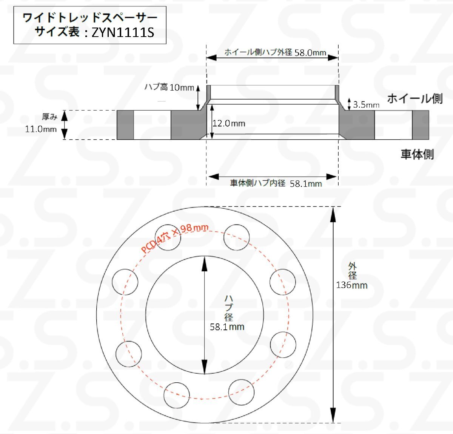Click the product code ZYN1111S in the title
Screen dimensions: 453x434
pos(123,32)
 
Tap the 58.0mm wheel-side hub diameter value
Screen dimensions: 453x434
pos(310,53)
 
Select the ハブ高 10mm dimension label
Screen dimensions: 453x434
pos(169,87)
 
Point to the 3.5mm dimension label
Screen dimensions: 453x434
pos(366,105)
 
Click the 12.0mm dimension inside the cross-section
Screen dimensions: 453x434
pos(229,123)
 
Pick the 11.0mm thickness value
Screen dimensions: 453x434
pos(41,129)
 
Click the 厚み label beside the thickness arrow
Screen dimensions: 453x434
pos(49,117)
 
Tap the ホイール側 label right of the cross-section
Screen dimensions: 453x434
pos(415,98)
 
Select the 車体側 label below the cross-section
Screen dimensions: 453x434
pos(417,154)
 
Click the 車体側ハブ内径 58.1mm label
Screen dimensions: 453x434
pos(276,183)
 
